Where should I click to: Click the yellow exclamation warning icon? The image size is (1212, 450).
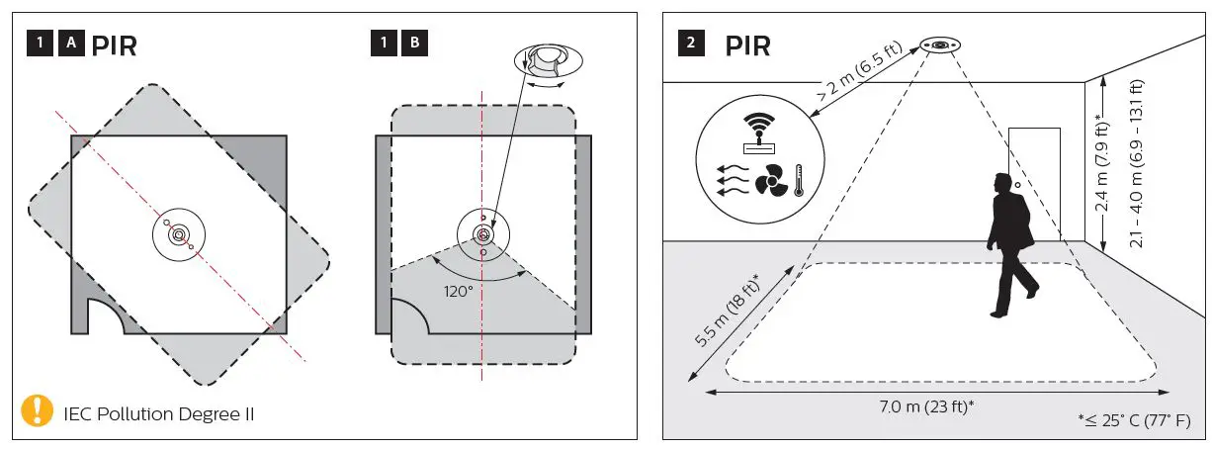38,410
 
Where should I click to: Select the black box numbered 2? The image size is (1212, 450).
690,45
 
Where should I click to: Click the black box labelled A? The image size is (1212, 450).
70,45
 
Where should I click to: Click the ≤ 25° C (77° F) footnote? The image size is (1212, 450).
1137,420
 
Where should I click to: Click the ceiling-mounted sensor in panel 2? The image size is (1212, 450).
938,45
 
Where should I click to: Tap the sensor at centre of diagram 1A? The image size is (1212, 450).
179,234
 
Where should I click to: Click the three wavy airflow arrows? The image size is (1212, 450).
730,181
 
